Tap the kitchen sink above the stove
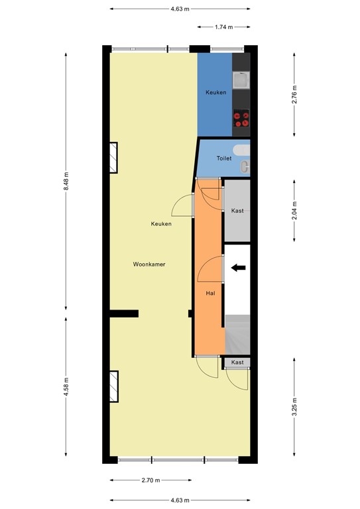click(x=243, y=80)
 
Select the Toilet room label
click(x=224, y=158)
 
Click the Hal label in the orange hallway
click(x=210, y=292)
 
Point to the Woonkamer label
click(x=149, y=264)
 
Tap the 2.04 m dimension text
click(x=295, y=210)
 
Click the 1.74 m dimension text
click(x=224, y=27)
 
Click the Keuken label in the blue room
click(x=215, y=93)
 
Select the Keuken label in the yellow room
click(x=161, y=224)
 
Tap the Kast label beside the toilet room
click(x=237, y=211)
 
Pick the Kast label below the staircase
click(x=237, y=363)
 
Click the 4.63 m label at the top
click(x=180, y=9)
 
